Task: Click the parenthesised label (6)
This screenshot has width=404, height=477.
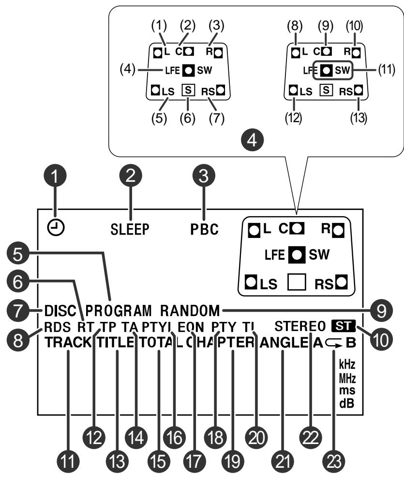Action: coord(188,119)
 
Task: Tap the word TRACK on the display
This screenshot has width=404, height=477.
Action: coord(68,343)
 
